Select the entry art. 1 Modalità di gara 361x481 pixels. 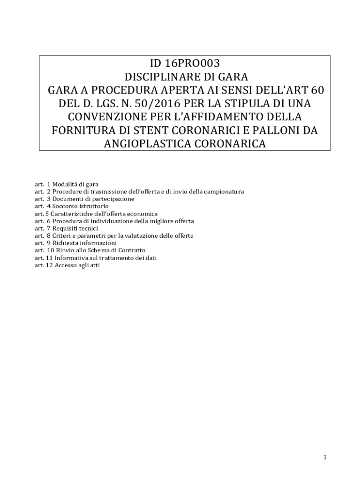(x=66, y=185)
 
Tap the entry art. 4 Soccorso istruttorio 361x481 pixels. (x=72, y=206)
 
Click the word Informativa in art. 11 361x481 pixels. (x=68, y=258)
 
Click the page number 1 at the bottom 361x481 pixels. (x=324, y=457)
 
